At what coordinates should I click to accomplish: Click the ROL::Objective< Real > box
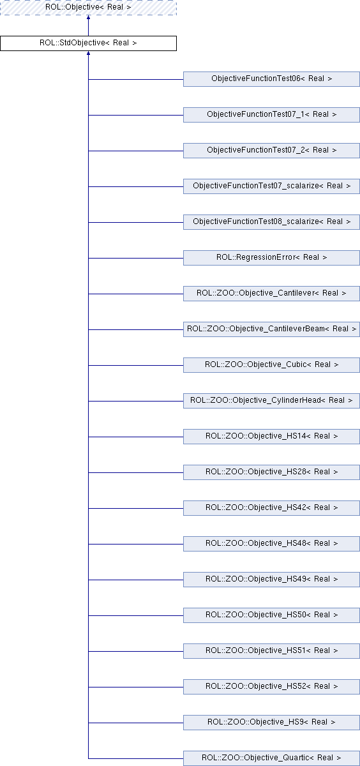coord(88,7)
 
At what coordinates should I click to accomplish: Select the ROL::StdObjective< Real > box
coord(88,43)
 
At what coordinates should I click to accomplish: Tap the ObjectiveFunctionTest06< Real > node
coord(271,79)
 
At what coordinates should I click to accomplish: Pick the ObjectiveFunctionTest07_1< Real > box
coord(271,114)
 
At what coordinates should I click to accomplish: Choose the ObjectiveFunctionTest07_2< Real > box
coord(271,151)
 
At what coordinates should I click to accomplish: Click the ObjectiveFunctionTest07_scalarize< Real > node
coord(271,186)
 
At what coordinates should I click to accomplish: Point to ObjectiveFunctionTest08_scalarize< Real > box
coord(271,222)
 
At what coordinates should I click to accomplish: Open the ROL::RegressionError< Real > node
coord(271,257)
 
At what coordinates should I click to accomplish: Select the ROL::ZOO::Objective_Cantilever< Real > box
coord(271,294)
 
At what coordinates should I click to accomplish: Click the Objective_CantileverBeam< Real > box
coord(271,329)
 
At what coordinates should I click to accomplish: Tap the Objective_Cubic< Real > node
coord(271,365)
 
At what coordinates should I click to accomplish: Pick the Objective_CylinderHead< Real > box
coord(271,400)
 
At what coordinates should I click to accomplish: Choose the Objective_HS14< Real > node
coord(271,437)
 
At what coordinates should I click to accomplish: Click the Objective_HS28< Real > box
coord(271,472)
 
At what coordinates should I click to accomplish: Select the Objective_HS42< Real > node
coord(271,508)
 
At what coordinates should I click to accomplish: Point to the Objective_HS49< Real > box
coord(271,580)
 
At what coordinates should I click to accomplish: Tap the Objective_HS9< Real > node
coord(271,722)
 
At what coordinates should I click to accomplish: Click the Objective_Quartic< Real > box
coord(271,758)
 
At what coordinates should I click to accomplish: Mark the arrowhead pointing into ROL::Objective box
coord(88,17)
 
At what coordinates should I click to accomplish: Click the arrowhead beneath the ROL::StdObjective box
coord(88,53)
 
